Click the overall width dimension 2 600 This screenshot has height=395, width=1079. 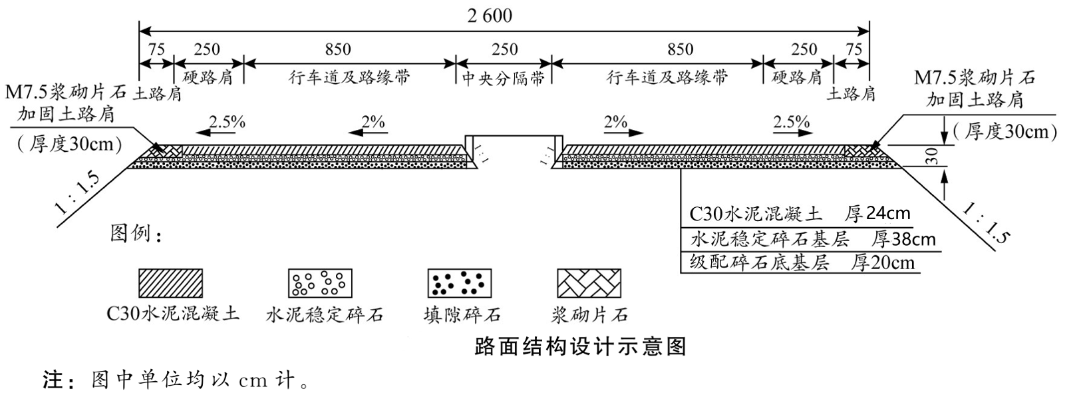click(490, 16)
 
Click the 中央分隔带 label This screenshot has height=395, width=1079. click(504, 78)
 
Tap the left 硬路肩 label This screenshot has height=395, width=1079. click(208, 77)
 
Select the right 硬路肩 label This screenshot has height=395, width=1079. click(797, 77)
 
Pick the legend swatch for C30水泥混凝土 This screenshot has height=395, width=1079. click(170, 283)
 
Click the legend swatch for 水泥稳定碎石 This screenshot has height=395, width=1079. click(321, 283)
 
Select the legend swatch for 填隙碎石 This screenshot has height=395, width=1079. click(460, 283)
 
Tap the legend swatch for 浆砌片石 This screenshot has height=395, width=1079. click(589, 283)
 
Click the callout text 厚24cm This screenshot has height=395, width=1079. click(877, 214)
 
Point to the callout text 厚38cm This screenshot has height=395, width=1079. click(903, 239)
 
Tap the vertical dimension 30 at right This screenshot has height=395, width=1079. click(933, 156)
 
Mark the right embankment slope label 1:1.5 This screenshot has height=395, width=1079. click(986, 224)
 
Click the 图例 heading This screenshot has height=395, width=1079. click(137, 233)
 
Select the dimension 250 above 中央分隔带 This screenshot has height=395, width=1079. click(504, 50)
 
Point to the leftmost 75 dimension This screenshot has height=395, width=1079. click(156, 50)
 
